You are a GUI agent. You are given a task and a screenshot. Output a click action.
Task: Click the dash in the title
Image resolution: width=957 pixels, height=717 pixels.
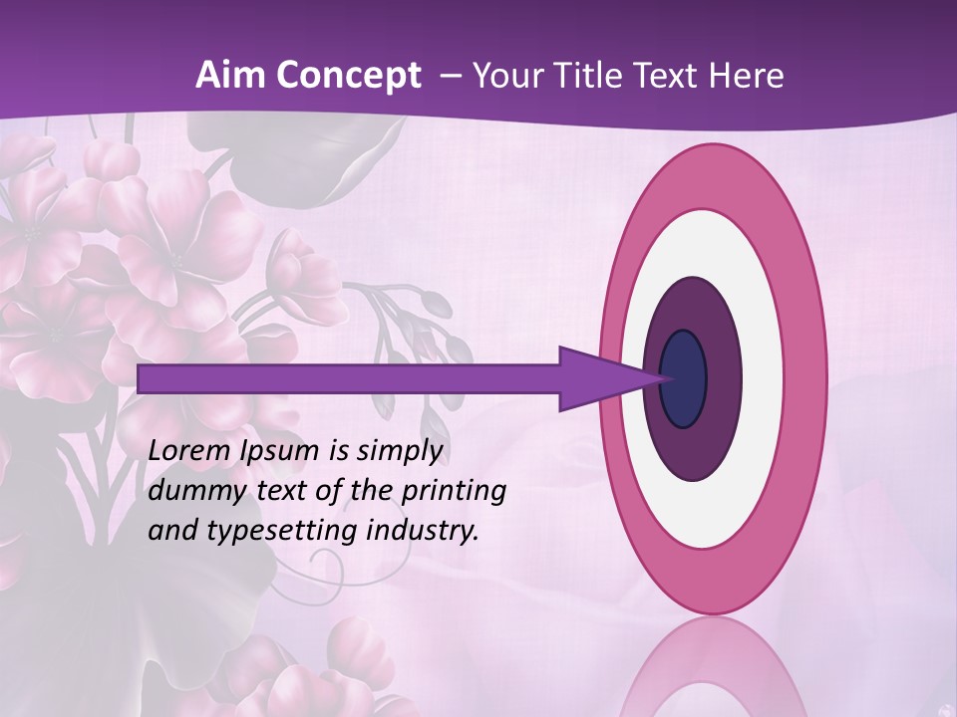coord(451,76)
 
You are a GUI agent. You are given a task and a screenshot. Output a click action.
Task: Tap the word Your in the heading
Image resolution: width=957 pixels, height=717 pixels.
coord(504,76)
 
